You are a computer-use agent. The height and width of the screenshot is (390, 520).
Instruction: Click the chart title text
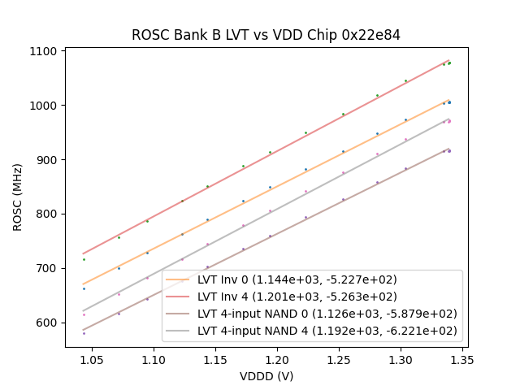pos(266,35)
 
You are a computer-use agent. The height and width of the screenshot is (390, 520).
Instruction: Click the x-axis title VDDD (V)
pos(266,376)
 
